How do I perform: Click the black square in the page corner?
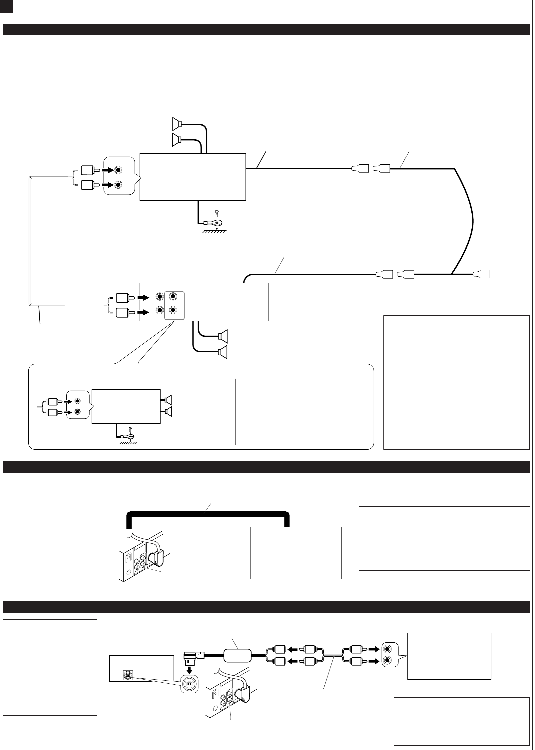6,6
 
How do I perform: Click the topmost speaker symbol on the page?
177,124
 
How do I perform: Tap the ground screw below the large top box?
217,212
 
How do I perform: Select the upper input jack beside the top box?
118,170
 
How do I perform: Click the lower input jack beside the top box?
118,184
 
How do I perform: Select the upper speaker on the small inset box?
168,399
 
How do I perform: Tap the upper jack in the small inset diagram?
78,401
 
